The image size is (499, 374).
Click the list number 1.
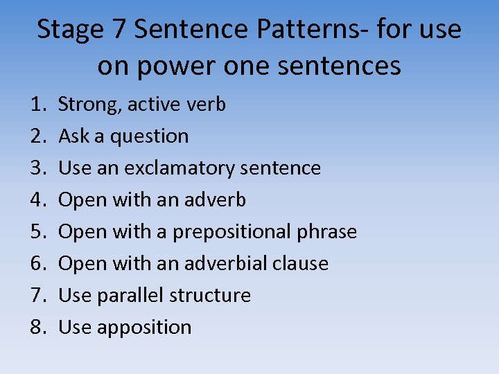point(37,105)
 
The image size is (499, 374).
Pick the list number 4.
point(37,200)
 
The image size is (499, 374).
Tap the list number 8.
point(37,328)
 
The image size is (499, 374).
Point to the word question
point(148,137)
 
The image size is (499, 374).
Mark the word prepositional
point(233,232)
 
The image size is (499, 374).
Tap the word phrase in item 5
point(328,232)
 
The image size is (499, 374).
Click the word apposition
point(144,328)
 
